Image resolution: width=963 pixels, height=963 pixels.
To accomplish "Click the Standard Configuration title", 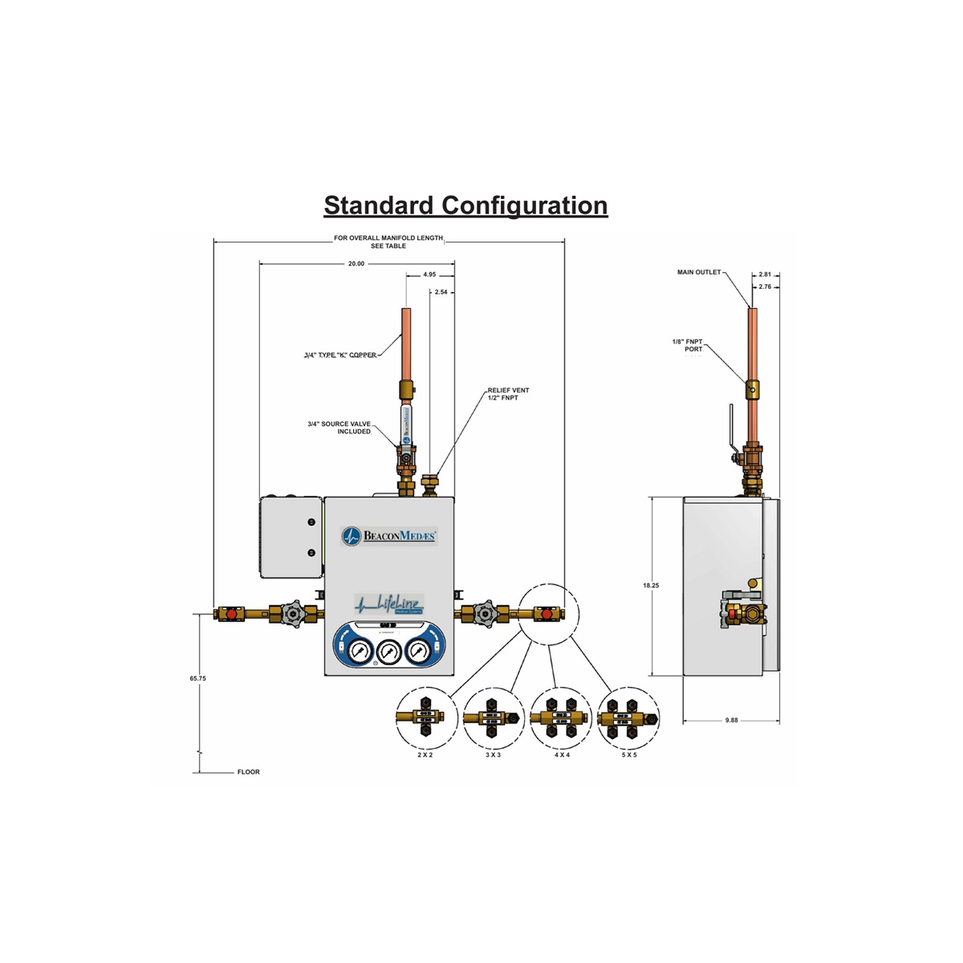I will (x=465, y=205).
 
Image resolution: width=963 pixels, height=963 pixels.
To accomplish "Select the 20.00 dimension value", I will (x=356, y=263).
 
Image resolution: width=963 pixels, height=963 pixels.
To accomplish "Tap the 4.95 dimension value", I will (x=430, y=274).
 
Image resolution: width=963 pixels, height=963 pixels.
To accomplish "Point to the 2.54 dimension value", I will (x=441, y=292).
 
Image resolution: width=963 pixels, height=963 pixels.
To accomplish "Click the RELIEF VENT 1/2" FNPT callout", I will (x=508, y=394).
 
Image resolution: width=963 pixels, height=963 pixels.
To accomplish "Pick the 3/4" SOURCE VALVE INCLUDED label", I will (x=339, y=428).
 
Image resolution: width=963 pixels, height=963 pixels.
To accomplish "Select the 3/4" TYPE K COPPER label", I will (x=340, y=355).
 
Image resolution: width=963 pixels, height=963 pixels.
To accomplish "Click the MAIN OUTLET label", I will (x=699, y=272).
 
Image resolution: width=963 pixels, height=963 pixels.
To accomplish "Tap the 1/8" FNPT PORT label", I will (x=688, y=346).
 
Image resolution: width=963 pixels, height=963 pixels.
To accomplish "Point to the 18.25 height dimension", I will (x=651, y=586).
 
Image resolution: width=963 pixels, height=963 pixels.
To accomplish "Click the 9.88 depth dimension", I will (x=731, y=720).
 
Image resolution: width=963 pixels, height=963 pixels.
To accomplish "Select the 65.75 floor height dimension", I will (x=198, y=678).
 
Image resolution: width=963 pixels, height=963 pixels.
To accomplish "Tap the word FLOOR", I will (x=249, y=772).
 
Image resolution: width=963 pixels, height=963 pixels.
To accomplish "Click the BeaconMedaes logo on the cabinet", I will (x=389, y=535).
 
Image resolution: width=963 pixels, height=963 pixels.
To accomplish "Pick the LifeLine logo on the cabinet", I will (x=389, y=603).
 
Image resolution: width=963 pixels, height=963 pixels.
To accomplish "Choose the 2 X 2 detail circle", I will (x=425, y=717).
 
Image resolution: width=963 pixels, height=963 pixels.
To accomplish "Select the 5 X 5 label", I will (x=629, y=755).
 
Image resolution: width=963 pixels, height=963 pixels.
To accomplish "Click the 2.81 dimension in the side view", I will (x=765, y=274).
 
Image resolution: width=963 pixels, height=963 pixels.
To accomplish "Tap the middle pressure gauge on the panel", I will (x=389, y=650).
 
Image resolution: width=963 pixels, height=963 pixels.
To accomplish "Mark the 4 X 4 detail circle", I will (x=561, y=717).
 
